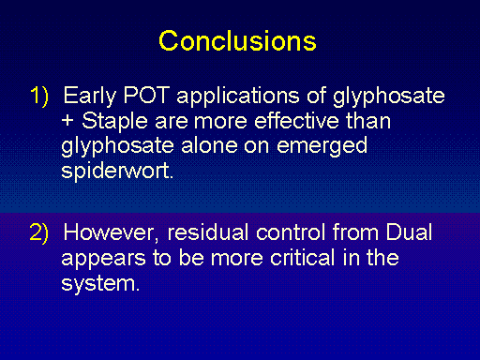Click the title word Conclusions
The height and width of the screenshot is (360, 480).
coord(237,41)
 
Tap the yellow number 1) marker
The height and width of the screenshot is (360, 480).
coord(39,96)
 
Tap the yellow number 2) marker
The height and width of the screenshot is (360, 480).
coord(39,232)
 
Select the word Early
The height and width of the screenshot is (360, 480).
coord(90,97)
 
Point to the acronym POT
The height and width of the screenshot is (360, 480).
coord(146,95)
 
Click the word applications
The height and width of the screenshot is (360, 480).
coord(238,97)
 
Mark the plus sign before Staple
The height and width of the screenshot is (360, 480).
coord(67,121)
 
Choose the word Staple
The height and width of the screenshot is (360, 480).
coord(114,122)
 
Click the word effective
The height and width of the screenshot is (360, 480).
coord(296,120)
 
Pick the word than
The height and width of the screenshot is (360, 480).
coord(368,120)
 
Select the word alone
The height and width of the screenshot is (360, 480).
coord(209,145)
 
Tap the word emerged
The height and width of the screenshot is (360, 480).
coord(322,146)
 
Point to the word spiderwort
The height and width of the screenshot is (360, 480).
coord(117,172)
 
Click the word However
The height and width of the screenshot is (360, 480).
coord(109,232)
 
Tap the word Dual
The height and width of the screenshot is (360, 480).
coord(409,232)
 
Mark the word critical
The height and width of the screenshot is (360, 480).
coord(303,258)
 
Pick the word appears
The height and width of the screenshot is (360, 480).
coord(103,259)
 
